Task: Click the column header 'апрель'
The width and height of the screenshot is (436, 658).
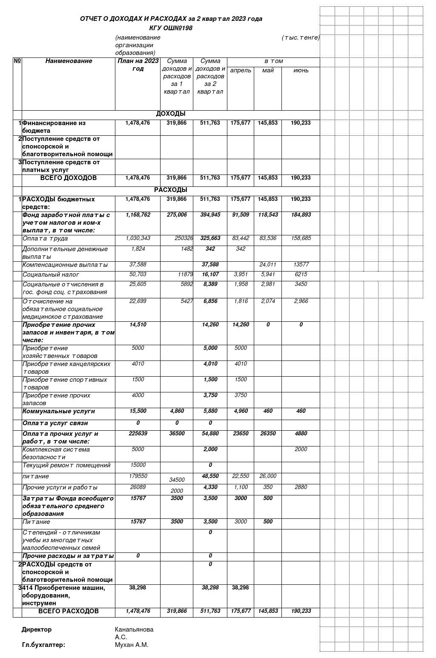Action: point(241,70)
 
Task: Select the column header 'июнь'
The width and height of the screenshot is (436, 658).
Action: point(301,70)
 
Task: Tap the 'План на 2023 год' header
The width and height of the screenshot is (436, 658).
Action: point(138,65)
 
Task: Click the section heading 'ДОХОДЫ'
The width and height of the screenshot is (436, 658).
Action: point(170,114)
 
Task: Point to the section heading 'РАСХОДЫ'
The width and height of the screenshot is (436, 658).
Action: point(170,190)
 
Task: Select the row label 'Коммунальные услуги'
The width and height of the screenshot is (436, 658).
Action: point(59,411)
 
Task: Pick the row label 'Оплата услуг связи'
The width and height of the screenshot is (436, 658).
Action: point(55,423)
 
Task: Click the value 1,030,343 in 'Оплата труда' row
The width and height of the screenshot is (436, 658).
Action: point(138,238)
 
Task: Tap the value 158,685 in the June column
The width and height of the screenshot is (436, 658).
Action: point(301,238)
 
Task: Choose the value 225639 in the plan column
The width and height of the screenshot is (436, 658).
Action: point(138,433)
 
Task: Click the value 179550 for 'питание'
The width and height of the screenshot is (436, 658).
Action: point(138,476)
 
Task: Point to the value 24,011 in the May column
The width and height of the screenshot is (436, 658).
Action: point(267,265)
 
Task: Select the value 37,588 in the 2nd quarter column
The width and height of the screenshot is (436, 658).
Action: point(210,265)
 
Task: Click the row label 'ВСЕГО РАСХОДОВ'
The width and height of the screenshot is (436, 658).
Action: point(69,611)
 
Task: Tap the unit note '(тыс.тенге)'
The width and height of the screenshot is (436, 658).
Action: point(300,37)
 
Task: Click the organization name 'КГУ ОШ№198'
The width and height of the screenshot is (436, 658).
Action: point(171,28)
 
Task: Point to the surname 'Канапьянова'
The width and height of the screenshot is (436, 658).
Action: point(134,629)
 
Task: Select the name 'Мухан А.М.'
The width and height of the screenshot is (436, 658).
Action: point(132,645)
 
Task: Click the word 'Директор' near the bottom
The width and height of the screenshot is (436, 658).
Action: point(37,629)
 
